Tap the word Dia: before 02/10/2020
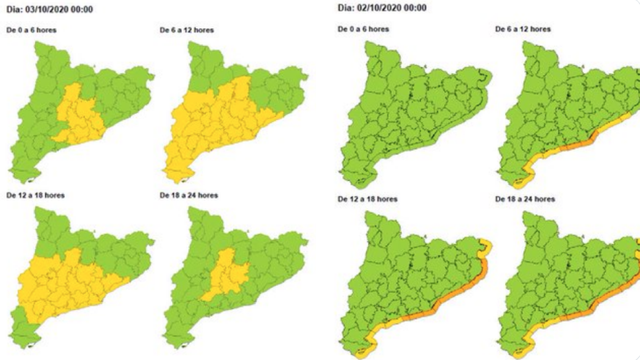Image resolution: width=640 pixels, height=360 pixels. coord(347,8)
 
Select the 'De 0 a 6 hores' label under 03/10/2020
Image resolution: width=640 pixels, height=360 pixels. coord(31,30)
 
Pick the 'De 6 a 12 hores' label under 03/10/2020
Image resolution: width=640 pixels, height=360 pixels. coord(187,30)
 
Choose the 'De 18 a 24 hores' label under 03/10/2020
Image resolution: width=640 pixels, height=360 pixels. coord(189,195)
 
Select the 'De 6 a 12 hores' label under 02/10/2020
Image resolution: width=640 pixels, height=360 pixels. coord(523,29)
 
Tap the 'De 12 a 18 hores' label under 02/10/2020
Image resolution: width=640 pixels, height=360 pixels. coord(367,199)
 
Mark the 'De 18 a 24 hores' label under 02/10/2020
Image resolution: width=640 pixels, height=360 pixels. coord(525,199)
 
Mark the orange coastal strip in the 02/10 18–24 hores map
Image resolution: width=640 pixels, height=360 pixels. coord(592,309)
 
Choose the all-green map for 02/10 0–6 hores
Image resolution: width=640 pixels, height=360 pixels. coord(411,112)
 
